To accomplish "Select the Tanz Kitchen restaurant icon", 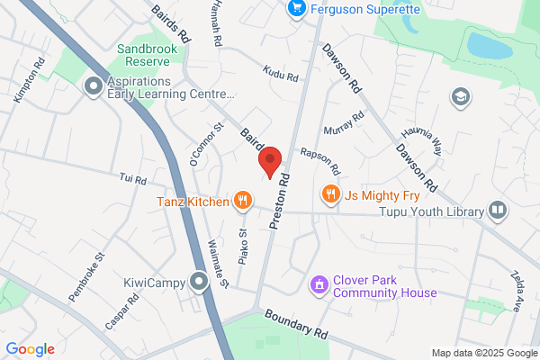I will click(x=241, y=201).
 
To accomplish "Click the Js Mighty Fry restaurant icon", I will click(x=331, y=193).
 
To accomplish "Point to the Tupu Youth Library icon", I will click(x=497, y=211).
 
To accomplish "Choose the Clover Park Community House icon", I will click(x=317, y=285).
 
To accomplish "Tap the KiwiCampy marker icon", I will click(x=200, y=283).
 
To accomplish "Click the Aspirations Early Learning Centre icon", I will click(x=93, y=86).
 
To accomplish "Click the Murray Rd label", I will click(x=343, y=121).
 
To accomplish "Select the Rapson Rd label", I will click(x=320, y=161).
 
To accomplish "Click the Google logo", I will click(x=30, y=349).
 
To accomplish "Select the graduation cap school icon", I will click(x=462, y=95).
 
